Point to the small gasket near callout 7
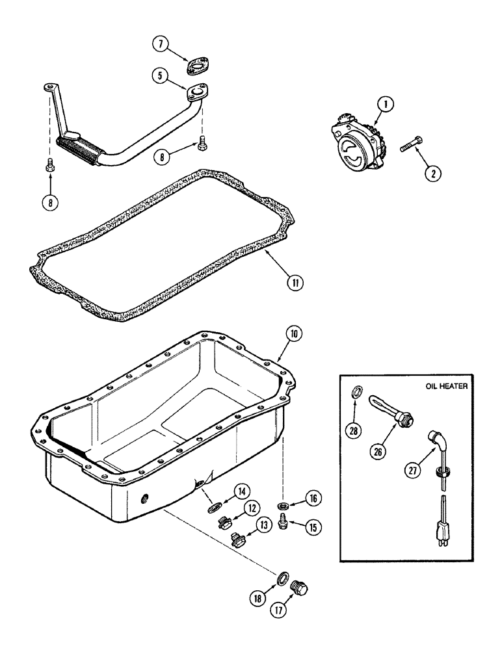point(194,65)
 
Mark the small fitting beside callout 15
point(284,521)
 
